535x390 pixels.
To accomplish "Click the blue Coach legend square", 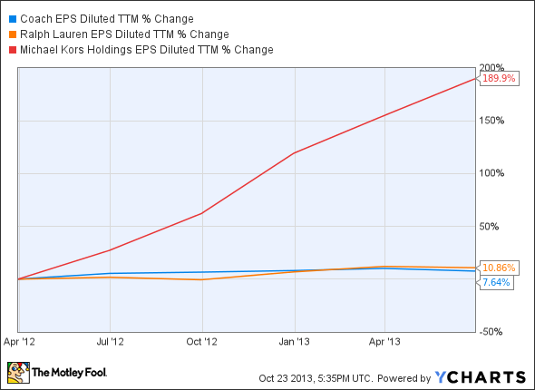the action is (x=13, y=19).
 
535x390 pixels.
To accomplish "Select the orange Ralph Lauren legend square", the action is (x=13, y=34).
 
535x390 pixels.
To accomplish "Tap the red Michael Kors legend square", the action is (x=13, y=50).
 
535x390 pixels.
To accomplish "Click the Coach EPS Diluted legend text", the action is (x=107, y=19).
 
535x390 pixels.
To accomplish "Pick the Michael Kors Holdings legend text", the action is (x=147, y=50).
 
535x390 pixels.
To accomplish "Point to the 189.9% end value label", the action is (x=499, y=79).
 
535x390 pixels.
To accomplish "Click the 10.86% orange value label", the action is (x=499, y=268).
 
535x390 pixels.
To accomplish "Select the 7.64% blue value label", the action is (x=496, y=282).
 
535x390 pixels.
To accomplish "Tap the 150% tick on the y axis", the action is (x=491, y=121).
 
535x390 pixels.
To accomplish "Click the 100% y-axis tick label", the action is (x=491, y=173).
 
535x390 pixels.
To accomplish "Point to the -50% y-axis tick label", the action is (x=491, y=332).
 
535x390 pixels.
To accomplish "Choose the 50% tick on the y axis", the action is (x=489, y=226).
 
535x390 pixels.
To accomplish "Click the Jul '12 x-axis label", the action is (x=111, y=342).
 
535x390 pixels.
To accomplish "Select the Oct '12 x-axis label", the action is (x=201, y=342).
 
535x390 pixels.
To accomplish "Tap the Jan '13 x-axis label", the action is (x=294, y=342).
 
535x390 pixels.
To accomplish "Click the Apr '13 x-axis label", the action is (x=384, y=342).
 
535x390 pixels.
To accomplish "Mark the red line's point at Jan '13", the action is (x=295, y=152).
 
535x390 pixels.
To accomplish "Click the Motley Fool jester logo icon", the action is (x=18, y=373).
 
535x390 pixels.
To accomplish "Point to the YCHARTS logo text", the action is (x=481, y=377).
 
